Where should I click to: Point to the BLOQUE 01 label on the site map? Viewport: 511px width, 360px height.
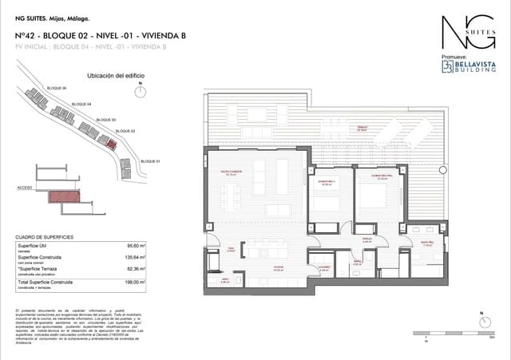pos(150,162)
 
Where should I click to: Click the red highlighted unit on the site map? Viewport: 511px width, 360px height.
pos(111,144)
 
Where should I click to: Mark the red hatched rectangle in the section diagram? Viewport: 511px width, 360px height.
pos(65,196)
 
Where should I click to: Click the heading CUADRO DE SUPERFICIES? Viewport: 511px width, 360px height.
pos(45,237)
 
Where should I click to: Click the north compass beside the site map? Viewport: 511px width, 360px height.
pos(141,89)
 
